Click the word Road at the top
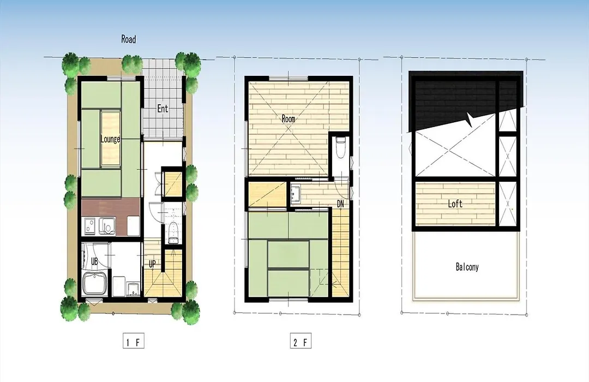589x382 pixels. click(129, 39)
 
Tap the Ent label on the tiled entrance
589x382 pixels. click(163, 109)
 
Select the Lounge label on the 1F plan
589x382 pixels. click(110, 139)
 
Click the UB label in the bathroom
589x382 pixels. click(94, 261)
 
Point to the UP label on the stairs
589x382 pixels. click(152, 264)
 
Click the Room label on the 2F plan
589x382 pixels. click(289, 119)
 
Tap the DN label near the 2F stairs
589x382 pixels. click(340, 204)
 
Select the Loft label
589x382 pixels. click(455, 204)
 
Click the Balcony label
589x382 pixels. click(467, 267)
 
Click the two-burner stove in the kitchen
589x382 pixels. click(90, 225)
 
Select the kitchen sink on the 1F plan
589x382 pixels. click(106, 225)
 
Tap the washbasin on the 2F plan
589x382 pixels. click(295, 193)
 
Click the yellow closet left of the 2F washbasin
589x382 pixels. click(267, 194)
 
